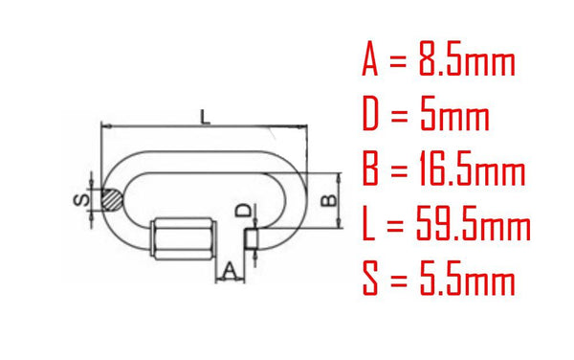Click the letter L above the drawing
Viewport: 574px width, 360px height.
(x=206, y=117)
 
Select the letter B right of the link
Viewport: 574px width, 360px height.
(x=328, y=200)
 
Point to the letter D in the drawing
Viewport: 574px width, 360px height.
(x=244, y=211)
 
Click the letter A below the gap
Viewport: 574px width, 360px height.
(x=230, y=270)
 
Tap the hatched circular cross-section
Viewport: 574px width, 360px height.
(x=112, y=200)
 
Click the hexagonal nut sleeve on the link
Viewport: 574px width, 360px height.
(x=182, y=238)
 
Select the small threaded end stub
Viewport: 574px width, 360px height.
(x=251, y=238)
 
